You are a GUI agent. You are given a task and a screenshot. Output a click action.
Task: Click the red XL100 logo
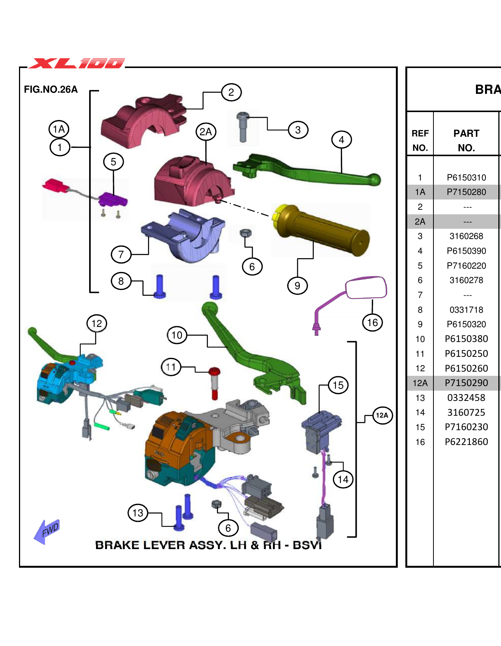(x=77, y=63)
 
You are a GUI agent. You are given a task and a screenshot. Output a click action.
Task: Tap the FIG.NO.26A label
(x=50, y=89)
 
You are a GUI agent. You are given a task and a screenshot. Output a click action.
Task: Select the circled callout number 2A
(x=206, y=132)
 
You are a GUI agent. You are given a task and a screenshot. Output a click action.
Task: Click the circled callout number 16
(x=372, y=323)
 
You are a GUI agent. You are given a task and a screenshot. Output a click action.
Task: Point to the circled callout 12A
(x=382, y=415)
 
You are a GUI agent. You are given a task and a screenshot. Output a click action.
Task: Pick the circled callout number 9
(x=297, y=285)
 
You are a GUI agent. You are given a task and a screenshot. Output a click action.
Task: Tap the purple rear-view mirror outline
(x=366, y=288)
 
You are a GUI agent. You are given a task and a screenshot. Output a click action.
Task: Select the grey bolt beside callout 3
(x=242, y=127)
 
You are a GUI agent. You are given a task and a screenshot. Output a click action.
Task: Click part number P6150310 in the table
(x=466, y=177)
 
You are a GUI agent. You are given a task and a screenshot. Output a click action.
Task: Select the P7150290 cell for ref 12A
(x=466, y=383)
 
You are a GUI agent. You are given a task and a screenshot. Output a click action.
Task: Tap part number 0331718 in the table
(x=466, y=310)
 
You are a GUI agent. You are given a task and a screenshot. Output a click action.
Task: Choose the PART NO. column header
(x=466, y=140)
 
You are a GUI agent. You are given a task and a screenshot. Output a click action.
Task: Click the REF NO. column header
(x=420, y=140)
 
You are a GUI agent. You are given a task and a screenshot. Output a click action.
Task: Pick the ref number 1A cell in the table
(x=420, y=192)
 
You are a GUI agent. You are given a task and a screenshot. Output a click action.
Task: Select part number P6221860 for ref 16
(x=466, y=442)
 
